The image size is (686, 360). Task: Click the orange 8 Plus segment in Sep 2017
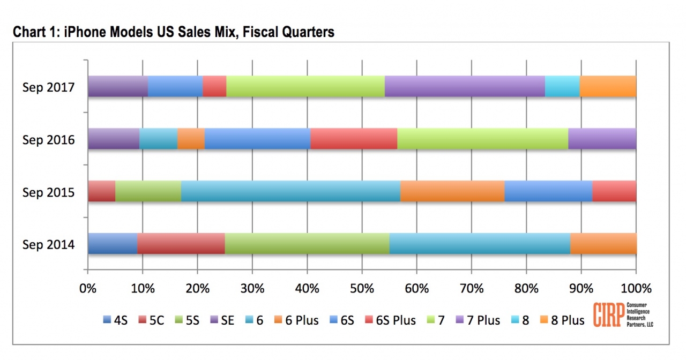click(608, 86)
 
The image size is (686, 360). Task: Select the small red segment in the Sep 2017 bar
click(214, 86)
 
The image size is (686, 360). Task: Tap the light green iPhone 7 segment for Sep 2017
click(305, 86)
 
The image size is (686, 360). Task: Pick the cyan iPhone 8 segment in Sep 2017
click(562, 86)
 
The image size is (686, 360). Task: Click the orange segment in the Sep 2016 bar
click(191, 139)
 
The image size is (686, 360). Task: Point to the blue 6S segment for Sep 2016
click(257, 139)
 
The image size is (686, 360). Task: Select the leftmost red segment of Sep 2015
click(101, 191)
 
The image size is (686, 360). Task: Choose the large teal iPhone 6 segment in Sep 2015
click(290, 191)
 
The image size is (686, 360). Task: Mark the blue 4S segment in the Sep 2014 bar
click(113, 243)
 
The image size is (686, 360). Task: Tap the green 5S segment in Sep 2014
click(307, 243)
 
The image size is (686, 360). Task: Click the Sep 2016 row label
click(49, 140)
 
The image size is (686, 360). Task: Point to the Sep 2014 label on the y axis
click(49, 245)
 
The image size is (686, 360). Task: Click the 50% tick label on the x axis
click(362, 289)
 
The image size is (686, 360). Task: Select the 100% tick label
click(636, 289)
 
